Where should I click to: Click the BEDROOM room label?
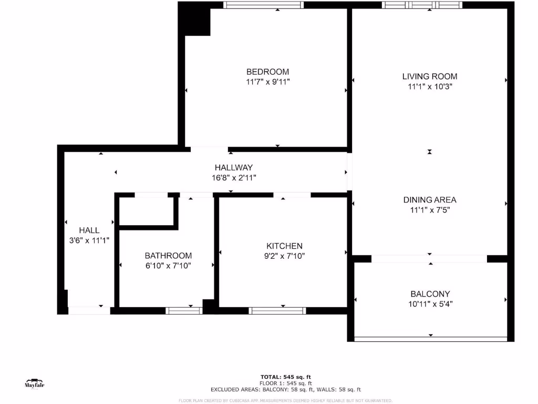(x=267, y=72)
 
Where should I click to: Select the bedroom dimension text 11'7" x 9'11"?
(x=267, y=82)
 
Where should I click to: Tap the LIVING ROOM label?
(x=430, y=76)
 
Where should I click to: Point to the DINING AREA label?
(x=430, y=200)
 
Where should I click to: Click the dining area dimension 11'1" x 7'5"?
(x=430, y=210)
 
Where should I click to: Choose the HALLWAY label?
(x=230, y=167)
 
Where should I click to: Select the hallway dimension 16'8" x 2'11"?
(x=230, y=178)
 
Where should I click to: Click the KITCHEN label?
(x=284, y=246)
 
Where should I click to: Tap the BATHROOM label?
(x=168, y=256)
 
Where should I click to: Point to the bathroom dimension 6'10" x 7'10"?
(x=168, y=266)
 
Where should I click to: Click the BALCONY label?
(x=430, y=294)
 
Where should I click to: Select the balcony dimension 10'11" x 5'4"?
(x=430, y=304)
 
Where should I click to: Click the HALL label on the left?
(x=89, y=230)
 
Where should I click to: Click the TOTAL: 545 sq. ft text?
(x=286, y=377)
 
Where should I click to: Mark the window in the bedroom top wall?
(x=263, y=5)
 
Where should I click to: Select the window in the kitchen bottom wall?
(x=277, y=311)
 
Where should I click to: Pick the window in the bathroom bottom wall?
(x=184, y=311)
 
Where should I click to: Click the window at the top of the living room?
(x=422, y=5)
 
